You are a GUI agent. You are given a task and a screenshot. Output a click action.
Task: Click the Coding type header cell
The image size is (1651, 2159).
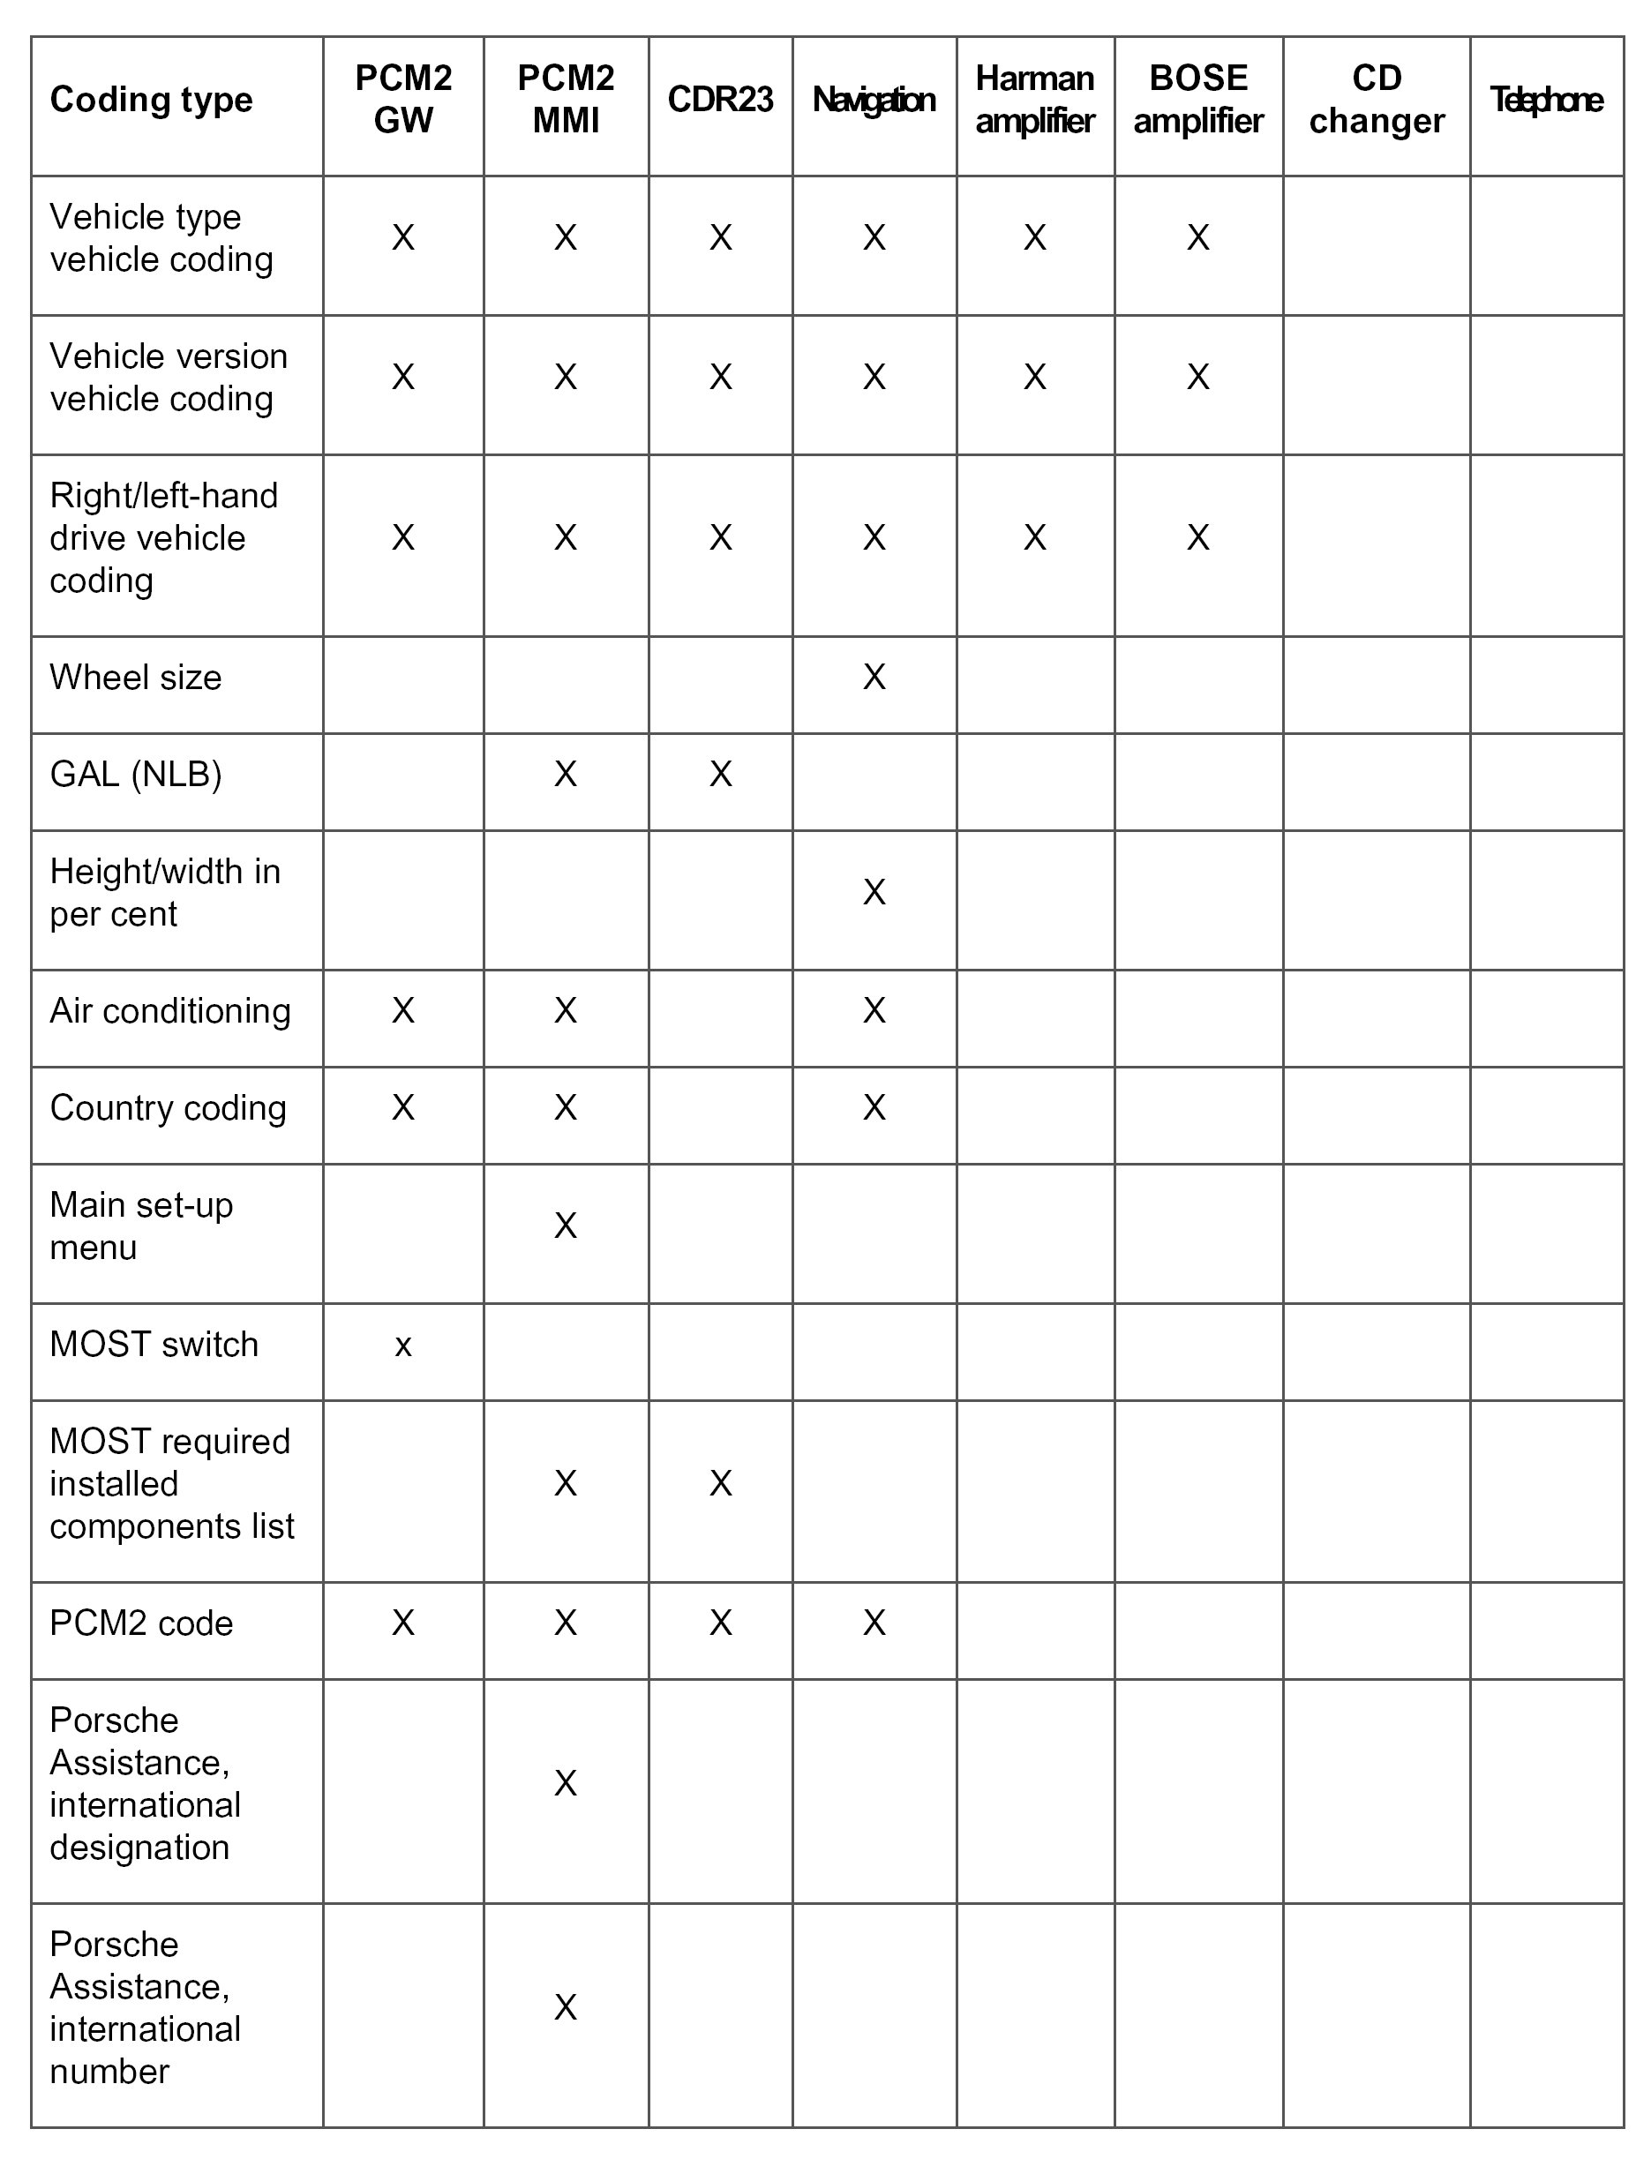click(152, 99)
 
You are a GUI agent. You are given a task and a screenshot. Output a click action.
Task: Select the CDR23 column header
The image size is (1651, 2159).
click(720, 99)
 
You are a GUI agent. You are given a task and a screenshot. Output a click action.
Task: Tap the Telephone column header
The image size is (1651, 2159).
click(1546, 99)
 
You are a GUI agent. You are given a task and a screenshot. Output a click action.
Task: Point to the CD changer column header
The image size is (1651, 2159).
click(1376, 99)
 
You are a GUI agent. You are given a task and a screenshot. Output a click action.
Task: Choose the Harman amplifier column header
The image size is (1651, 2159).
click(1035, 99)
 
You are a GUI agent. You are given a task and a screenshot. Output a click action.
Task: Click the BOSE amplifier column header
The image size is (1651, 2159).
click(1198, 99)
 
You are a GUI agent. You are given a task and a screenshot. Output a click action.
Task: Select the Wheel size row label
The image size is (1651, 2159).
click(136, 677)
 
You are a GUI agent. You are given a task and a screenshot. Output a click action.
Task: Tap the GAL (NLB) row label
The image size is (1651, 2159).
click(136, 775)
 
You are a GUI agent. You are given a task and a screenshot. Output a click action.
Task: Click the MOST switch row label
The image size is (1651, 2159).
click(154, 1344)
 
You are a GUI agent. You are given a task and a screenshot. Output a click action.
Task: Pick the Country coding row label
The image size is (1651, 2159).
click(168, 1107)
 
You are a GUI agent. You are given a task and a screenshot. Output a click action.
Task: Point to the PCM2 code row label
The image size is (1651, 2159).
click(141, 1623)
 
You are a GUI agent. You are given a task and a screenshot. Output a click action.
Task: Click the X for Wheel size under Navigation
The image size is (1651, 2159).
click(874, 677)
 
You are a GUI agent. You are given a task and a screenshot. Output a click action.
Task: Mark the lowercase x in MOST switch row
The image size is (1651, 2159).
click(403, 1346)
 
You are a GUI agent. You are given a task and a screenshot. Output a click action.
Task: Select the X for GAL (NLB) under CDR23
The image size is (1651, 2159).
click(720, 775)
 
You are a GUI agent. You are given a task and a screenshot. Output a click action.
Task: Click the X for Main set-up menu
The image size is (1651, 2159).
click(565, 1226)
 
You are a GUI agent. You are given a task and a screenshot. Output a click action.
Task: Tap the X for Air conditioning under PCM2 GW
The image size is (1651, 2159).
click(403, 1010)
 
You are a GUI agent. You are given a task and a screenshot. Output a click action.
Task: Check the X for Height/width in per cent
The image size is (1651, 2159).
click(874, 892)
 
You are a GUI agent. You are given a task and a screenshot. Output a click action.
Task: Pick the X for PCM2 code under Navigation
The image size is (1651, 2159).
click(874, 1623)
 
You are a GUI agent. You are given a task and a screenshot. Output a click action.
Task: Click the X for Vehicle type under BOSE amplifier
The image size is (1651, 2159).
click(1198, 238)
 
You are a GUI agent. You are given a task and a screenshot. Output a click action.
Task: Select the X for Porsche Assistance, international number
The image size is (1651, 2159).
click(565, 2006)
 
